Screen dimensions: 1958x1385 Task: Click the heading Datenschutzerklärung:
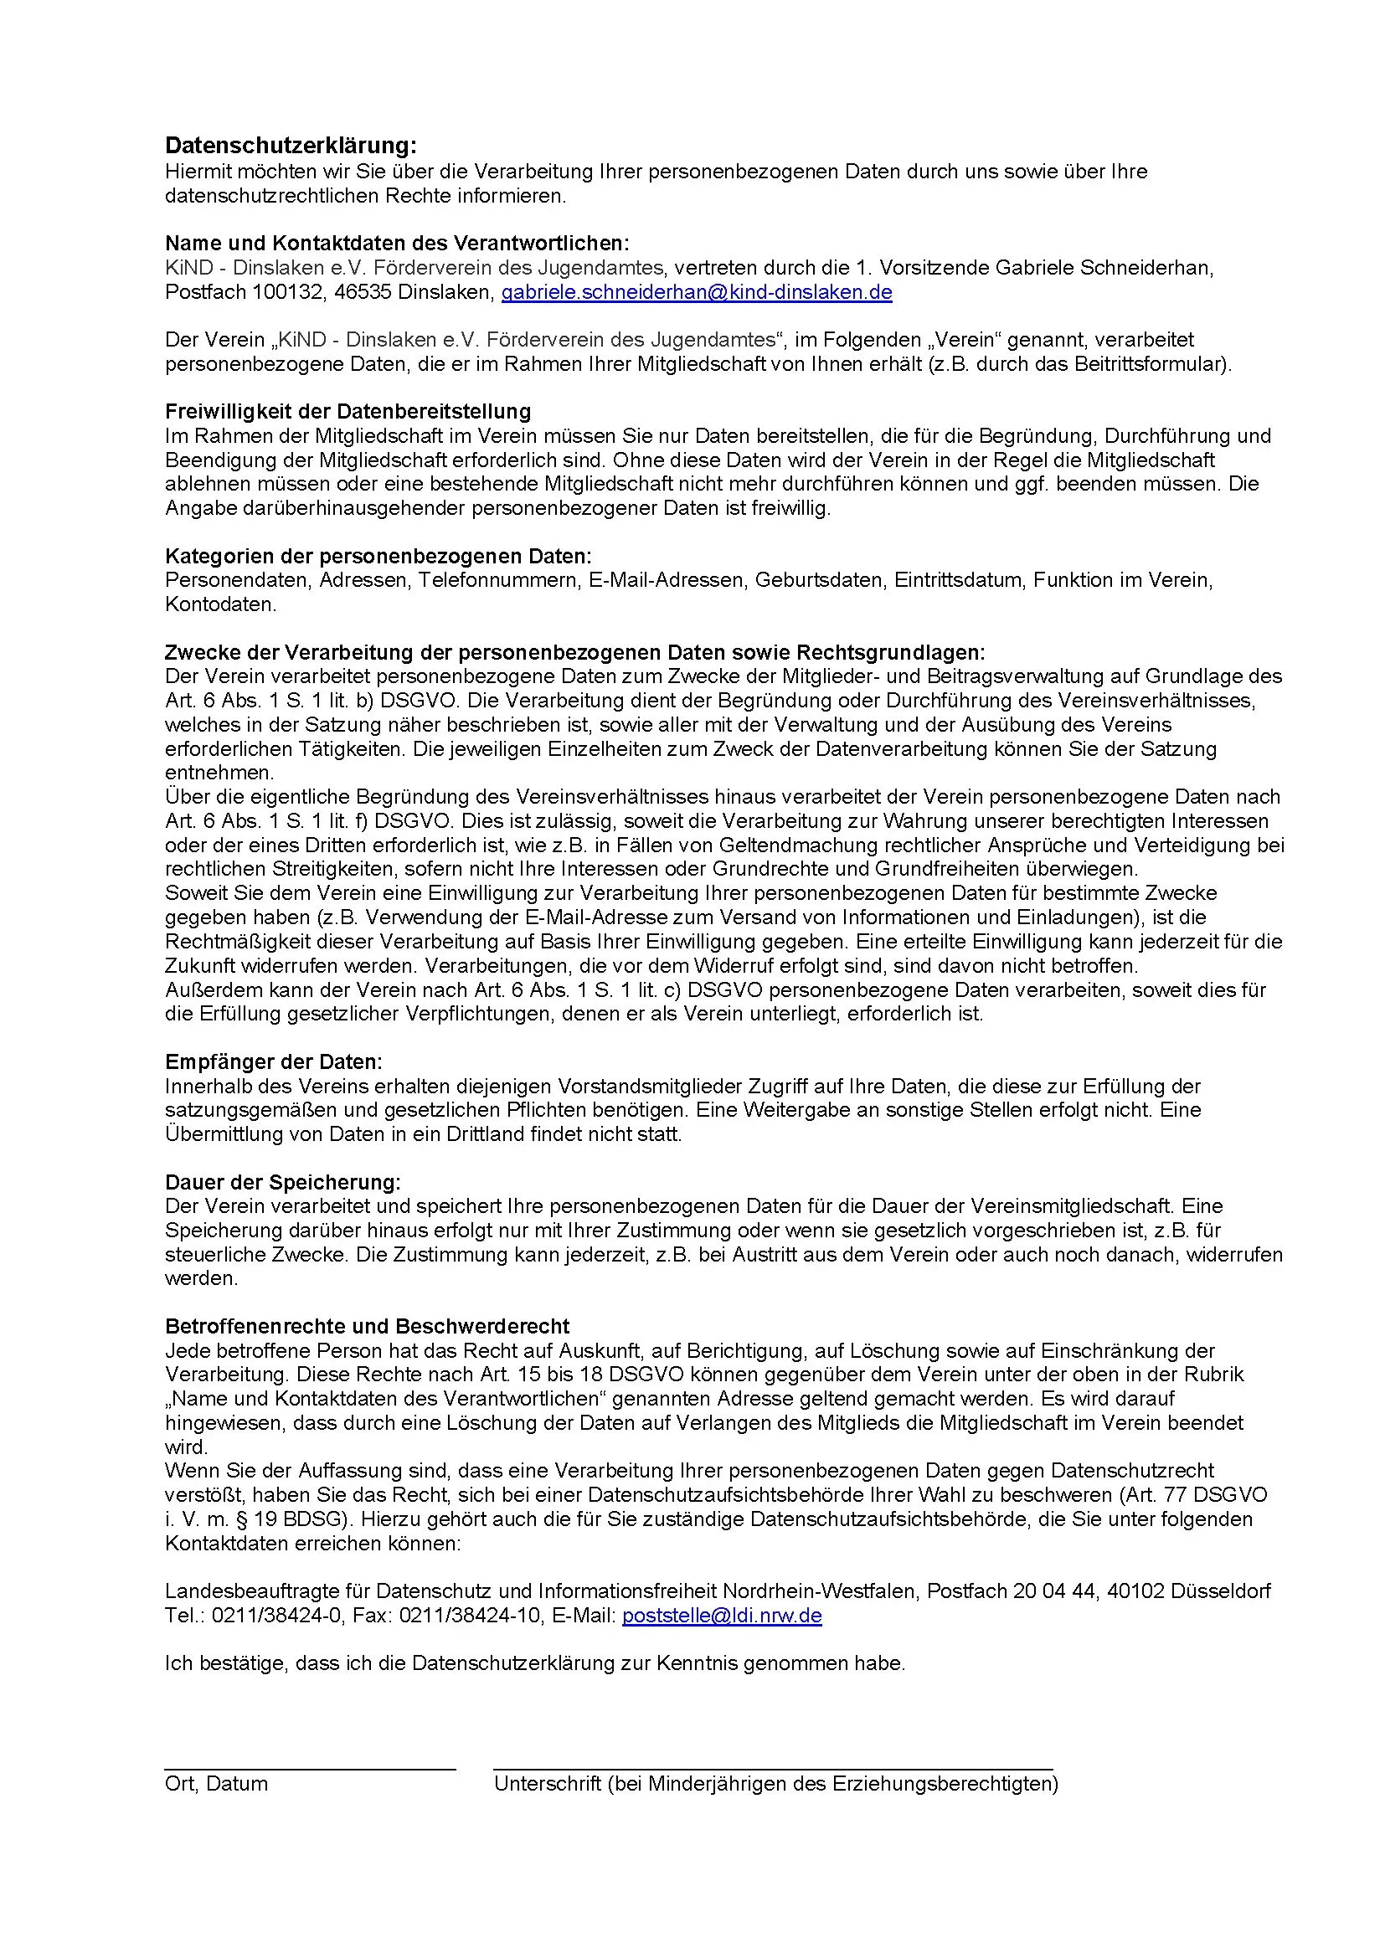coord(291,145)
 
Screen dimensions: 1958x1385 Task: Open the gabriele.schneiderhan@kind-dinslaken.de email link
coord(696,292)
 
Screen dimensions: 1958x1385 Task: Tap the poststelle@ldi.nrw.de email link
coord(722,1615)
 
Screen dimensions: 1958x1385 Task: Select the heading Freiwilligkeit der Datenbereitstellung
coord(348,412)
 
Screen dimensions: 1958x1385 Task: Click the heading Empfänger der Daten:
coord(274,1061)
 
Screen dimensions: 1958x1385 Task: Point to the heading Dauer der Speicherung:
coord(282,1182)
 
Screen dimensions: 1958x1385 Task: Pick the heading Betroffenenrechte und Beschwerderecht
coord(367,1326)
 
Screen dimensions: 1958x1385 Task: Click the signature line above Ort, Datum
coord(310,1770)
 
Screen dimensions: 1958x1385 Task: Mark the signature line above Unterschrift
coord(772,1770)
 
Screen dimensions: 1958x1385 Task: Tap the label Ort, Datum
coord(216,1784)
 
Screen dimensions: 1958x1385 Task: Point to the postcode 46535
coord(363,292)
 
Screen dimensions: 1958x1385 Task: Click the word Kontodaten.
coord(220,604)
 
